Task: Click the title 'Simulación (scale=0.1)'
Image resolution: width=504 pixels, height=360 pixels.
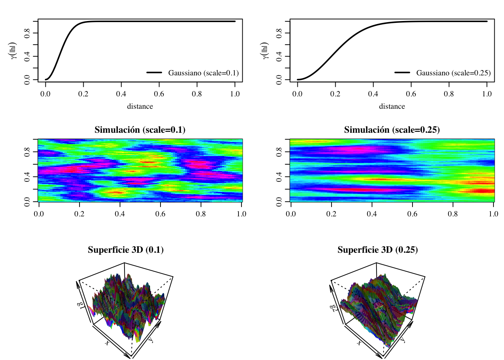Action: (x=140, y=130)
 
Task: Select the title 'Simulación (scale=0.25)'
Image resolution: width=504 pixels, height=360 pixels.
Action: (x=392, y=130)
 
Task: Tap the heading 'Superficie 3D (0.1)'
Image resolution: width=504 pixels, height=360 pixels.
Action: (x=126, y=250)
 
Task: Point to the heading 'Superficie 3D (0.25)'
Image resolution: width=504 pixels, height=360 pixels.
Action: (x=378, y=250)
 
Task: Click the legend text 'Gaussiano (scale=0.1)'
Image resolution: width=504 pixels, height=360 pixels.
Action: (x=203, y=73)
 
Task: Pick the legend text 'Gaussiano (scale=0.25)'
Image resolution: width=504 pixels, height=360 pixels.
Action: (x=453, y=73)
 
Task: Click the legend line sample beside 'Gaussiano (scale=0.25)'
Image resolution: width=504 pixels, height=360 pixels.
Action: (x=402, y=72)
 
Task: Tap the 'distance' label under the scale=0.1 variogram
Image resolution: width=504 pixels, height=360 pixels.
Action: (x=140, y=106)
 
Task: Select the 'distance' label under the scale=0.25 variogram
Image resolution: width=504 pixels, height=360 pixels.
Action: (x=392, y=106)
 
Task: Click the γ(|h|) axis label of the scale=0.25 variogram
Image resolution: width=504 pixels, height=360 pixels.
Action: (x=265, y=51)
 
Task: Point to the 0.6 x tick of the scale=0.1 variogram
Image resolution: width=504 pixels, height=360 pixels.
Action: (x=159, y=94)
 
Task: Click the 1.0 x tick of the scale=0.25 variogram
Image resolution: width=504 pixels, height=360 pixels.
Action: (x=487, y=94)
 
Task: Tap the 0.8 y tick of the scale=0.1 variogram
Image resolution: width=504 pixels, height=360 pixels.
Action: (x=27, y=33)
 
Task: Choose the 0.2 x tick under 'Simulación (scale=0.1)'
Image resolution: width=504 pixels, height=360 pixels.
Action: (x=79, y=214)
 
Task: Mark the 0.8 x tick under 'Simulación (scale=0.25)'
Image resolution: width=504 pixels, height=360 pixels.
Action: (x=453, y=214)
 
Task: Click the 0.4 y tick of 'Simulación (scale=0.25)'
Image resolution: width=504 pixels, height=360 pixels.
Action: (x=279, y=177)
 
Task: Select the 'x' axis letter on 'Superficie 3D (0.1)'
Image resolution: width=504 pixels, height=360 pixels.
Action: (x=107, y=343)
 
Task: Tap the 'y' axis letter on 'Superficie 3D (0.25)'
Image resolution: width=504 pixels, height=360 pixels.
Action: (x=403, y=340)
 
